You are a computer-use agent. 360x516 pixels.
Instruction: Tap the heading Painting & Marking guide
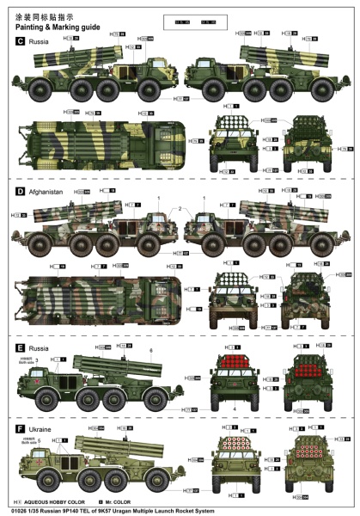click(x=57, y=27)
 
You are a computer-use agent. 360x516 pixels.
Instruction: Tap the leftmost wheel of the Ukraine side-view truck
click(x=52, y=484)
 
